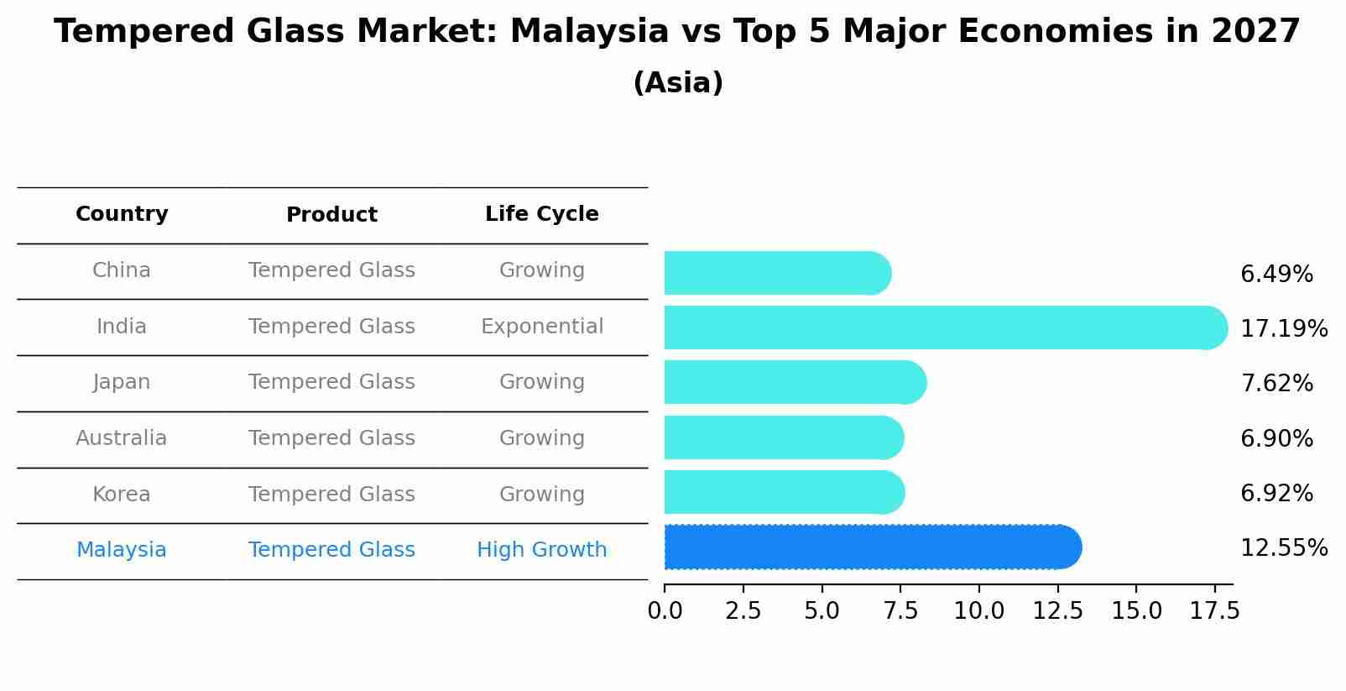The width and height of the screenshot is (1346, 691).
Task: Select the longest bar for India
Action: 944,327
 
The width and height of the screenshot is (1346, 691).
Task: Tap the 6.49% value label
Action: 1276,275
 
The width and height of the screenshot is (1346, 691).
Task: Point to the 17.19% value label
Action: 1283,328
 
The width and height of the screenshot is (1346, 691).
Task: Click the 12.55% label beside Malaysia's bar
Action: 1283,548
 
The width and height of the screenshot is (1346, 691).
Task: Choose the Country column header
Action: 122,214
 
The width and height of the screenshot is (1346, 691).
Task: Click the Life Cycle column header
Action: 541,214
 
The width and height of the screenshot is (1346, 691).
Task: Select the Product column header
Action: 331,215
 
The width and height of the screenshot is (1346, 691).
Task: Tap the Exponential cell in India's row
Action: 541,327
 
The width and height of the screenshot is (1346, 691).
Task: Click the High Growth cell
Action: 541,550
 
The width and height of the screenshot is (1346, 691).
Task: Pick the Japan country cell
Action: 122,382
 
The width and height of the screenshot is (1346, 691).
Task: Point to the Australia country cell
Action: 122,438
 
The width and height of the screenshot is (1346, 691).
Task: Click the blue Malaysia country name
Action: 122,550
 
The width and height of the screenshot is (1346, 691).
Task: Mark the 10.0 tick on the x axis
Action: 978,611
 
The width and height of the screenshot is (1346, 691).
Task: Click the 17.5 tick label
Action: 1213,611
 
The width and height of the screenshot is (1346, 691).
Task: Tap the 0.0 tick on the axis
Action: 665,611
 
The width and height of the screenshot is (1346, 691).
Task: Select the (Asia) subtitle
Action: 678,83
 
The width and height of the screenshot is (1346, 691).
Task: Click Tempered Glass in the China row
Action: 331,270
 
